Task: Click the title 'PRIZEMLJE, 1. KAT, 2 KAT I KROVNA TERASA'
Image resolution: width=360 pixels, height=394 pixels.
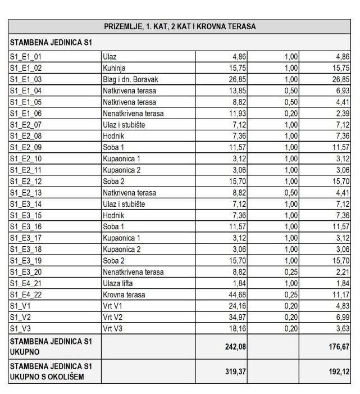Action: click(x=180, y=27)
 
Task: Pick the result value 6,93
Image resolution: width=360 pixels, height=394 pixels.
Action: click(x=340, y=90)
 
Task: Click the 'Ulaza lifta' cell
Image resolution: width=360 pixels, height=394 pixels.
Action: click(x=119, y=283)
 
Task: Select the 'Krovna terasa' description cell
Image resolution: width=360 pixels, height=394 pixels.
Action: click(x=124, y=295)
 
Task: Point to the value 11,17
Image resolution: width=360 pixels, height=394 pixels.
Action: click(x=340, y=295)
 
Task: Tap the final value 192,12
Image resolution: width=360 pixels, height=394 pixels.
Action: click(x=338, y=372)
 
